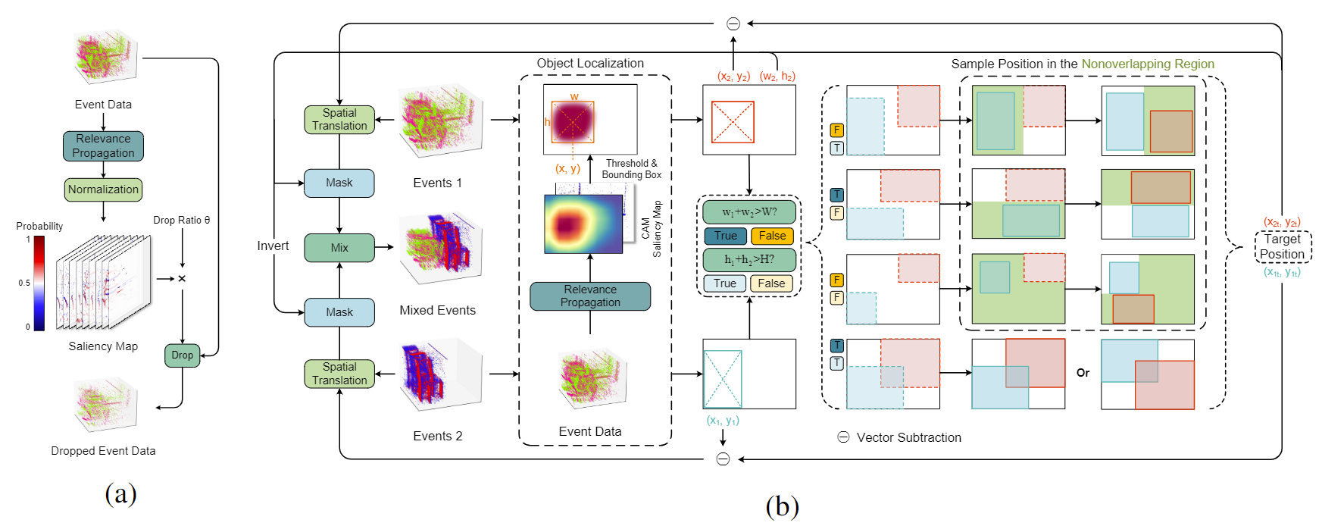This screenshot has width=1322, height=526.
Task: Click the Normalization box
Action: pyautogui.click(x=103, y=189)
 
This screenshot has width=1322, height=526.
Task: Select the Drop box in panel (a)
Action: pyautogui.click(x=182, y=355)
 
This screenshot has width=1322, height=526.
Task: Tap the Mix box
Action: pyautogui.click(x=339, y=248)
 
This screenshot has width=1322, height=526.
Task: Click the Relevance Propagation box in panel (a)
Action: pyautogui.click(x=103, y=146)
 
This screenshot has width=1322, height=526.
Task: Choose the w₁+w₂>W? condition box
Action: pyautogui.click(x=749, y=212)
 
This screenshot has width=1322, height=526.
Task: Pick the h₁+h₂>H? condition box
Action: pyautogui.click(x=749, y=260)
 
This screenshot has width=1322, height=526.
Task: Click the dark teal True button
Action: pyautogui.click(x=725, y=236)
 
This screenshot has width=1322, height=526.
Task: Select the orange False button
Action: pyautogui.click(x=772, y=236)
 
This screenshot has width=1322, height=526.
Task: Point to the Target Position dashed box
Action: pyautogui.click(x=1282, y=246)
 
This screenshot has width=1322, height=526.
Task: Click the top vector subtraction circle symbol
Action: pyautogui.click(x=733, y=24)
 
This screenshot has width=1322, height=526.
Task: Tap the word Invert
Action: pyautogui.click(x=273, y=246)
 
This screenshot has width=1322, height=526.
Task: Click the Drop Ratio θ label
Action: pyautogui.click(x=182, y=220)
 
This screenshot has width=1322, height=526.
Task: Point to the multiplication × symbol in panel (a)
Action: pyautogui.click(x=182, y=279)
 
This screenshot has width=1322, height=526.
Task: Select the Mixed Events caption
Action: pyautogui.click(x=437, y=310)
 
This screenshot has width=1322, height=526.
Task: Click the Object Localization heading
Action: pyautogui.click(x=590, y=64)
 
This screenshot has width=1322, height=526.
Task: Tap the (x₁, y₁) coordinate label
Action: pyautogui.click(x=723, y=421)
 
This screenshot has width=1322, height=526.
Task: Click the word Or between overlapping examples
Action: pyautogui.click(x=1083, y=373)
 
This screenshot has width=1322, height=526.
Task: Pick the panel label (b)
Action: pyautogui.click(x=782, y=506)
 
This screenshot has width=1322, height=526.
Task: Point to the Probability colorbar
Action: pyautogui.click(x=39, y=283)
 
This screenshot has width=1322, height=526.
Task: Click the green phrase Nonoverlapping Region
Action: pyautogui.click(x=1147, y=64)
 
